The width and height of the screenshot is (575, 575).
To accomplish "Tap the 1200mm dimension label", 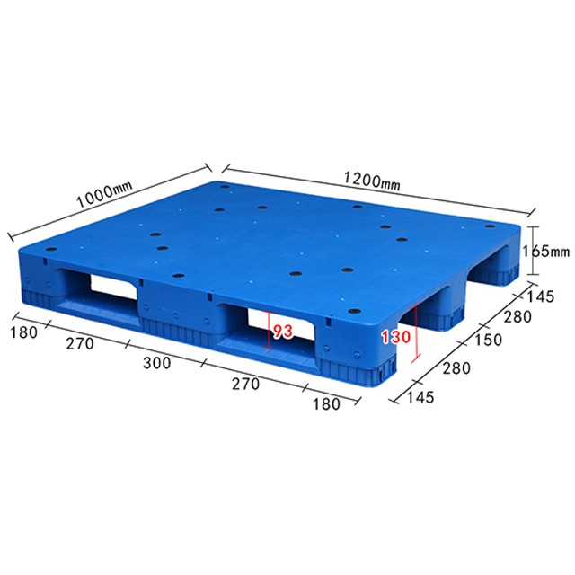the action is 371,181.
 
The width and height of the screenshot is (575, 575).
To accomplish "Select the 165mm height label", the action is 545,252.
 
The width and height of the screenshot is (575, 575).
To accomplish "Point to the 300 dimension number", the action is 156,363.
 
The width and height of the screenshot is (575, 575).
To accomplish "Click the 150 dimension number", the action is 488,340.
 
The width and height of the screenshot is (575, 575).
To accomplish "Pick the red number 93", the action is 283,332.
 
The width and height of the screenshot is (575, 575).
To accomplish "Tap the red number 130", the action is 396,337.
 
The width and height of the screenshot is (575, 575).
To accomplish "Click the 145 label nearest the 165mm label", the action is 541,296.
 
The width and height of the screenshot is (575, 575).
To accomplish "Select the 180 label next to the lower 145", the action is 326,404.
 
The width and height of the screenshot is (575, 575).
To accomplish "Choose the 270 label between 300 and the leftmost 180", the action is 80,344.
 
